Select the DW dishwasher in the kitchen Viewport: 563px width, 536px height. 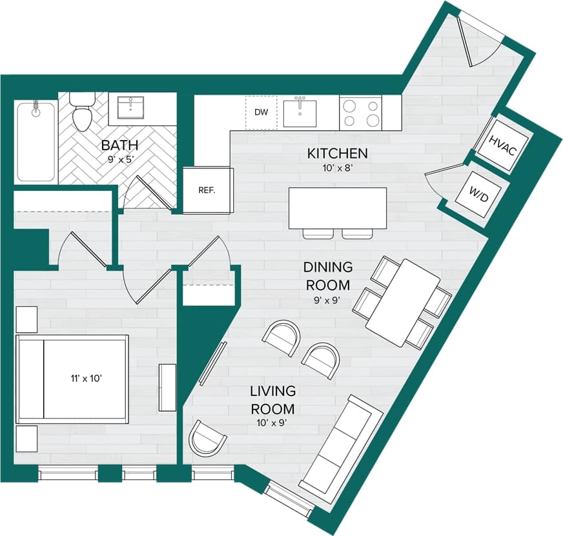261,112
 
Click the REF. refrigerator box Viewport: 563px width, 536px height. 207,190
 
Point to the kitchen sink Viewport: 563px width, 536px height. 300,112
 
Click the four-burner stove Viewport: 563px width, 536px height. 360,112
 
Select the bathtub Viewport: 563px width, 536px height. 36,141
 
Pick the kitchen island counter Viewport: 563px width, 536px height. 338,208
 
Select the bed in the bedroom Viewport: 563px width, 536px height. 72,378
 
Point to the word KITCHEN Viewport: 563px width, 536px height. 337,154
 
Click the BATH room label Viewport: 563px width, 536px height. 117,145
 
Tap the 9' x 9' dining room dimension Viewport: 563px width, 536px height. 328,299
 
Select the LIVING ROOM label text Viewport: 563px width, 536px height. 273,400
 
